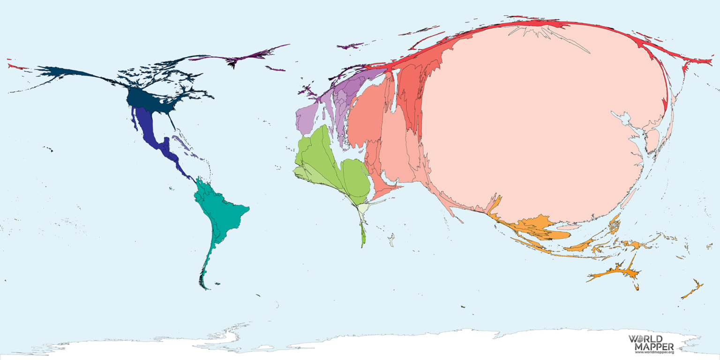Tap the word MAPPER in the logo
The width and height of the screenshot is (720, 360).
(x=654, y=346)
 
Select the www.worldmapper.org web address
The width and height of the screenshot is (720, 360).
(x=654, y=352)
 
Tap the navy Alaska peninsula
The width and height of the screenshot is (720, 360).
(x=61, y=73)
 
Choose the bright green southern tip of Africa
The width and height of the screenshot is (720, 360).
(x=363, y=237)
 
